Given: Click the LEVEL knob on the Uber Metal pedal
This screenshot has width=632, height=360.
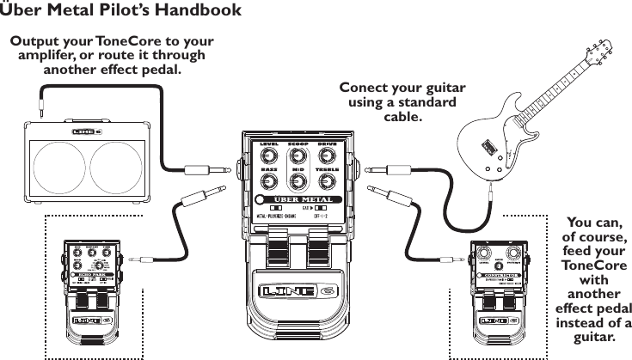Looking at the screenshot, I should [268, 156].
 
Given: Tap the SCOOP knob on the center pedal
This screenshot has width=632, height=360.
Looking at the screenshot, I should [298, 156].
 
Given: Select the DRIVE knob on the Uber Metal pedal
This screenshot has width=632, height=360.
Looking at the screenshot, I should [327, 156].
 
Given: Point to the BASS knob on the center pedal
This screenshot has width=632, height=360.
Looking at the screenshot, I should [268, 183].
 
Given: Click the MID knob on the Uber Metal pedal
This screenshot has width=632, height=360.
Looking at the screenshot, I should [298, 183].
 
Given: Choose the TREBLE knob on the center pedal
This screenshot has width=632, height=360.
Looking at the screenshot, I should [327, 183].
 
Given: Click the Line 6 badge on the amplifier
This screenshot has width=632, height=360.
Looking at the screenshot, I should [86, 131].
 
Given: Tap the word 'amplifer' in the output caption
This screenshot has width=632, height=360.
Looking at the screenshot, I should [53, 56].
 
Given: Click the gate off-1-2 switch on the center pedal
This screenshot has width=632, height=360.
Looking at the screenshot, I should [321, 208].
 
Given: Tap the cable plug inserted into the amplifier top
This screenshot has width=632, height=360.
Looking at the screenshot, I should [40, 109].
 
